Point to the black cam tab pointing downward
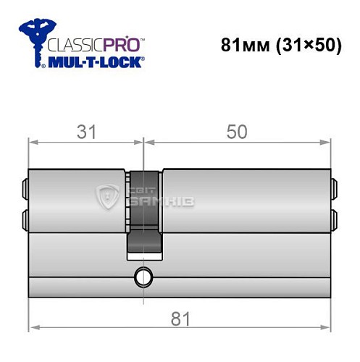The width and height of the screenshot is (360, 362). coord(143,243)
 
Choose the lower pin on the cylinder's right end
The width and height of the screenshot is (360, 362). coord(334,217)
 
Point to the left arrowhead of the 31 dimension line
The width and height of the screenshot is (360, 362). coord(33,143)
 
